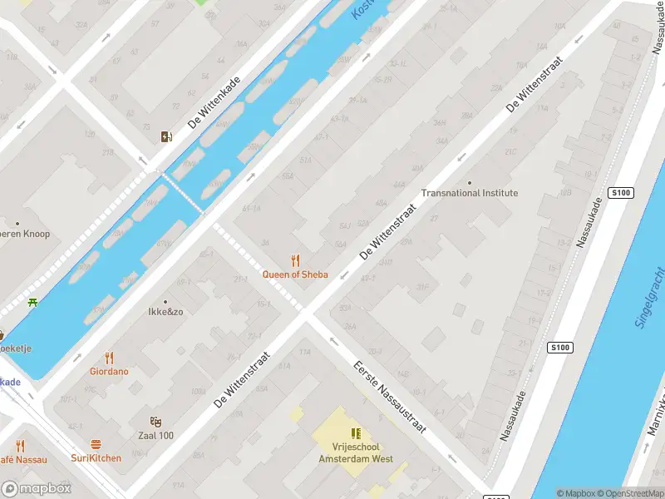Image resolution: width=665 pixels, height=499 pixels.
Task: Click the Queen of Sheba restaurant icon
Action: point(294,260)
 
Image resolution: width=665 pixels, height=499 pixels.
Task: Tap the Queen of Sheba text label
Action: point(294,274)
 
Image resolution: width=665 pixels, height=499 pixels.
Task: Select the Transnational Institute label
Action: point(469,193)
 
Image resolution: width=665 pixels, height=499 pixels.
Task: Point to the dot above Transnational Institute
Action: point(469,182)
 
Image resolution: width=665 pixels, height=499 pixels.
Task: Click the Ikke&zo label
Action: point(165,314)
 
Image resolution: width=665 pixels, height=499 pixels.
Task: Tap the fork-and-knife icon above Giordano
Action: point(109,358)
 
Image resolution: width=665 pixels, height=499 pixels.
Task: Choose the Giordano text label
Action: point(109,372)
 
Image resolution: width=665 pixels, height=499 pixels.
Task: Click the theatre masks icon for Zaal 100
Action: point(155,422)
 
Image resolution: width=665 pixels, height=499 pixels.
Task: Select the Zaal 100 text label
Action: point(155,436)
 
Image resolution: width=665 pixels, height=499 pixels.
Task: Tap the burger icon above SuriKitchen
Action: point(96,444)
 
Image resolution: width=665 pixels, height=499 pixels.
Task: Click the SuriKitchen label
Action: point(96,458)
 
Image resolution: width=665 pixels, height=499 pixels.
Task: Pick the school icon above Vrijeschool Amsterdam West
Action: point(356,433)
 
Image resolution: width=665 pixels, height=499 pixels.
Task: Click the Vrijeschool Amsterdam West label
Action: point(355,452)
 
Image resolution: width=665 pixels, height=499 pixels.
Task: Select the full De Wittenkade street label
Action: point(214,104)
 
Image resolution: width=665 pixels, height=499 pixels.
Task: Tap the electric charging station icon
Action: point(166,137)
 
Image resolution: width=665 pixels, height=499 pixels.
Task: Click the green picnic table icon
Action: point(33,302)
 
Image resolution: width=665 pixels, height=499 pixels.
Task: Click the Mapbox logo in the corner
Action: point(37,489)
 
